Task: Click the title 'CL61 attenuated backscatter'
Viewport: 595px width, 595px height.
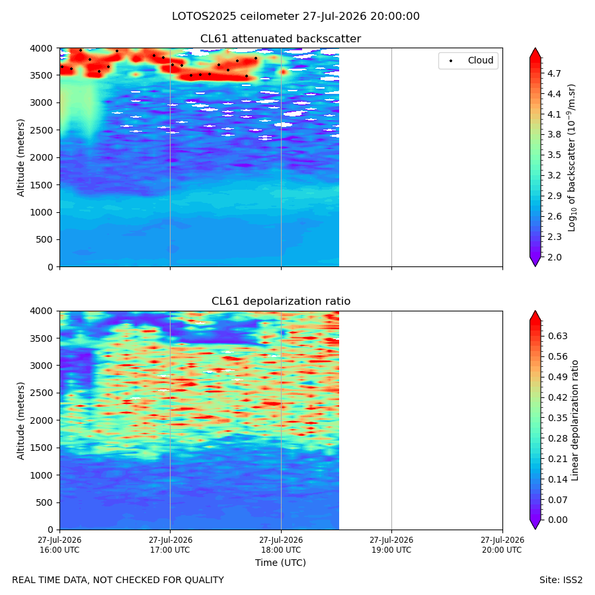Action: pos(280,39)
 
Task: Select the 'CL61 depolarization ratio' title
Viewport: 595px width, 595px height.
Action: pos(281,301)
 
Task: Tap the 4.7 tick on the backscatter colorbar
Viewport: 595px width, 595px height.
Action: pos(554,73)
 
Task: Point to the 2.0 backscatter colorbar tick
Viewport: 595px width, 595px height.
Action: pos(554,257)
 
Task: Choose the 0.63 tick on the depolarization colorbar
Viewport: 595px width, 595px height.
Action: pos(557,337)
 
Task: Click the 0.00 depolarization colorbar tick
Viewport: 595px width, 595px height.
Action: pos(557,520)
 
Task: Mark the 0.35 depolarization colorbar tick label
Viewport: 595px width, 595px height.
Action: pos(557,418)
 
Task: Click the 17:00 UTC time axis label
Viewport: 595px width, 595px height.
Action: pos(170,545)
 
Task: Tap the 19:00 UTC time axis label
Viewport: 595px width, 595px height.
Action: pos(391,545)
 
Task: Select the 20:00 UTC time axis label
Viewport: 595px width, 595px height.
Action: pos(502,545)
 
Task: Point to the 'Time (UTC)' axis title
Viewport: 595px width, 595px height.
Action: pos(280,563)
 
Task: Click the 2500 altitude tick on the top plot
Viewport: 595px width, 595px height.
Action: pos(42,130)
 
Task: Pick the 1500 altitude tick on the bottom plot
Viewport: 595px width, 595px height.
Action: pos(42,448)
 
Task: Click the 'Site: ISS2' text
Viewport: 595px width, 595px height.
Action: pos(561,580)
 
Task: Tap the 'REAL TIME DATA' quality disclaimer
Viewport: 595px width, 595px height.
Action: pos(118,580)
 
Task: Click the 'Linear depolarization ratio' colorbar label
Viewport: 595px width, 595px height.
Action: pos(575,420)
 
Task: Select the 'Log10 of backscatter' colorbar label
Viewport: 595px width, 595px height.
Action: pos(572,157)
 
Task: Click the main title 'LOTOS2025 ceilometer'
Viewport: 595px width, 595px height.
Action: pos(296,17)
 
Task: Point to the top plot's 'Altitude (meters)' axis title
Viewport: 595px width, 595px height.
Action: pos(20,157)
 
